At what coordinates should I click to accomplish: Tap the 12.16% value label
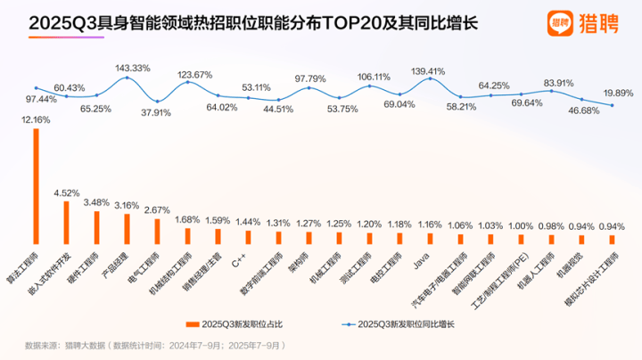(37, 119)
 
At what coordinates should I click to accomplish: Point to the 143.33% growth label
(134, 68)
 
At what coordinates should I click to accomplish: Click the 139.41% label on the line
(428, 70)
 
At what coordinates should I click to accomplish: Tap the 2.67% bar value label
(157, 209)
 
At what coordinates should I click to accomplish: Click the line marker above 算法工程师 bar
(36, 87)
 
